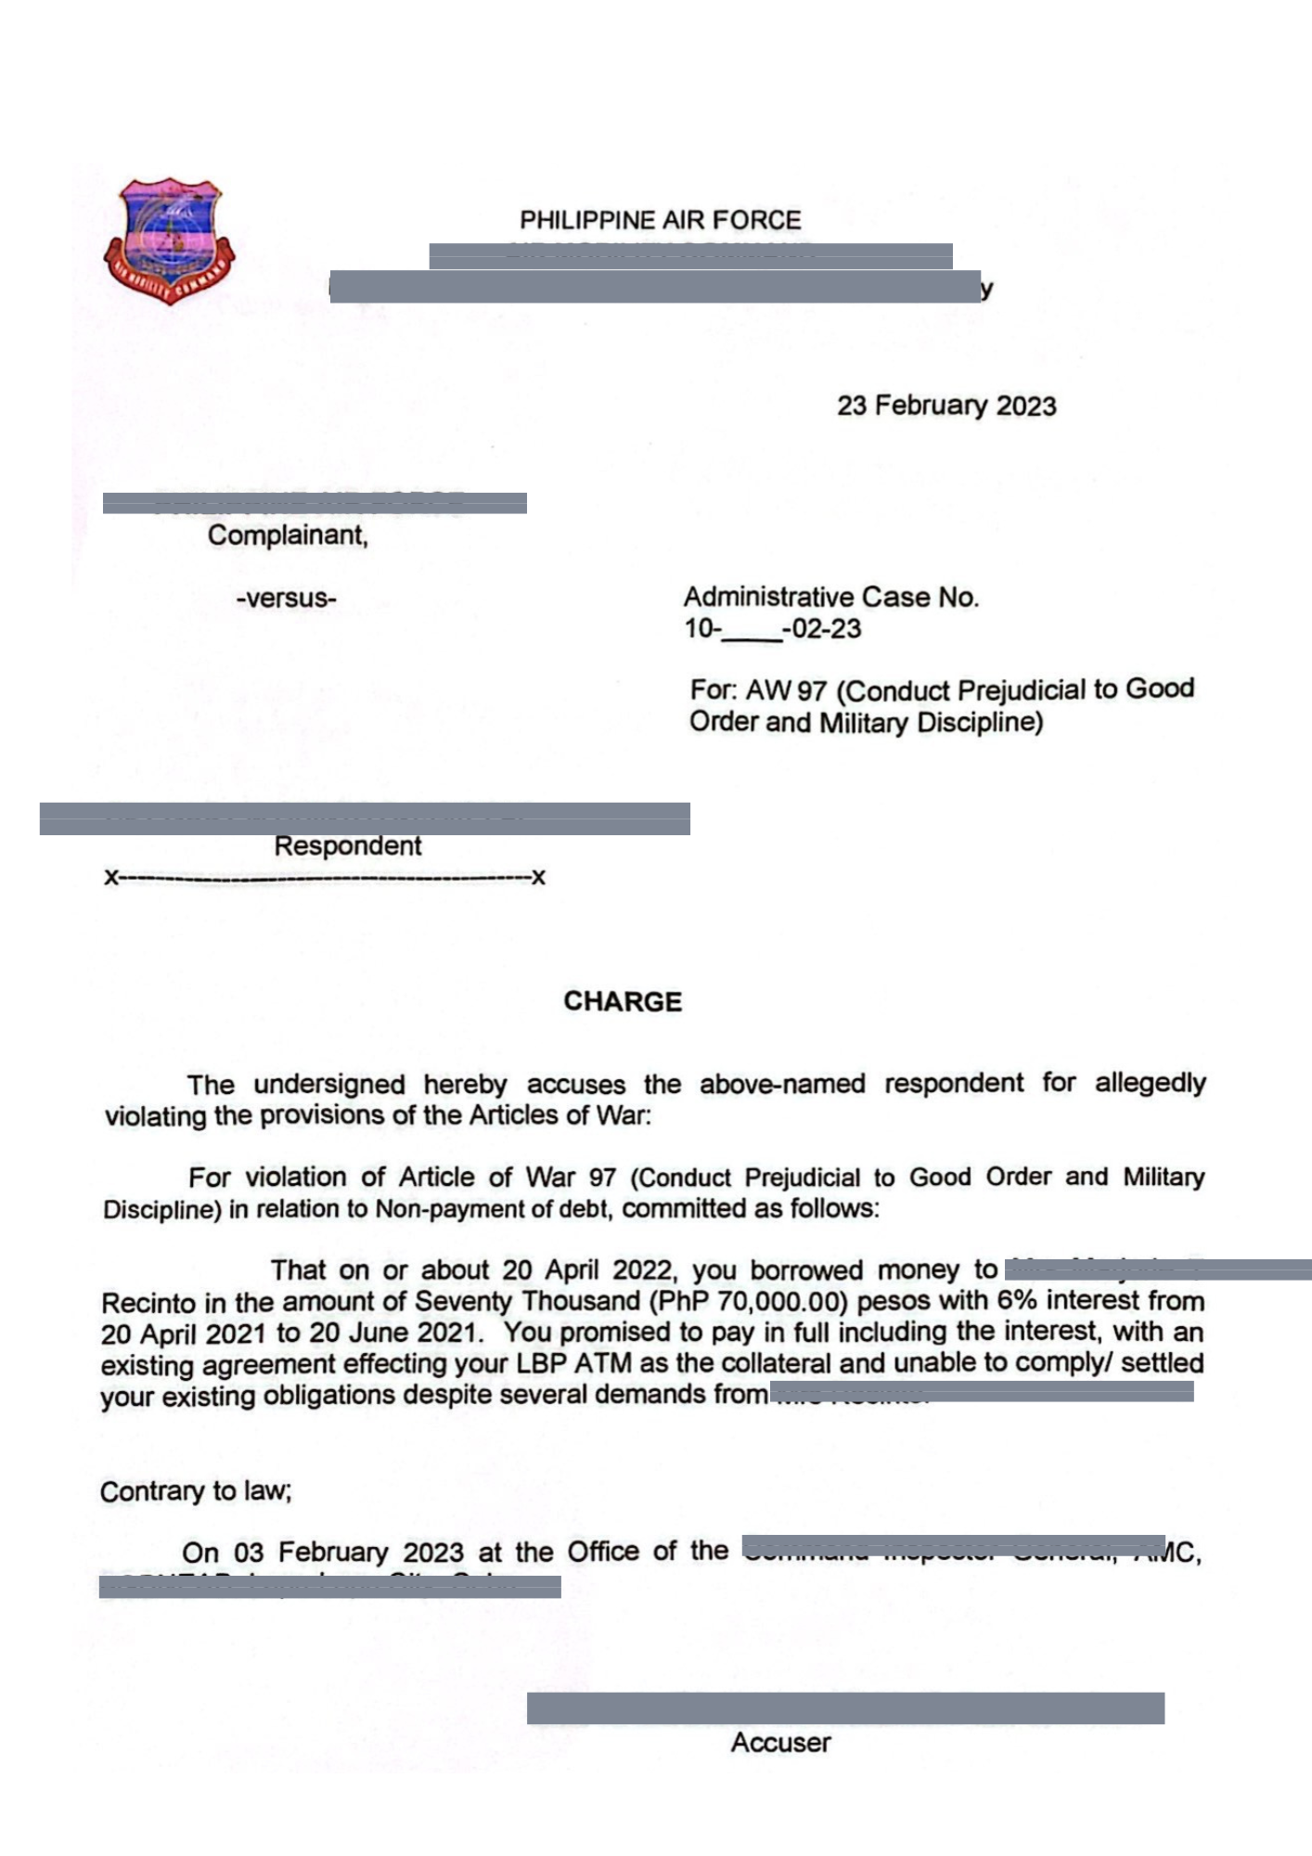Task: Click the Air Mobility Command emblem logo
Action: pos(169,241)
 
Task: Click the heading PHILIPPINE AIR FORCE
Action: pos(660,221)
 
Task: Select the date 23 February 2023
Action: pos(946,406)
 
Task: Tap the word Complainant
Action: pos(288,535)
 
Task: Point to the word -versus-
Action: pos(286,599)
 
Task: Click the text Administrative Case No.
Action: pos(831,597)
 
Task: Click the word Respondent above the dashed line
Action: pos(348,846)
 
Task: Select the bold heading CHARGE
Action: pos(623,1002)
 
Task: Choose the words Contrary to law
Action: pos(196,1491)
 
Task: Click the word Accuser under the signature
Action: pos(780,1743)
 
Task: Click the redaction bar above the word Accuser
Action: pos(845,1708)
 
